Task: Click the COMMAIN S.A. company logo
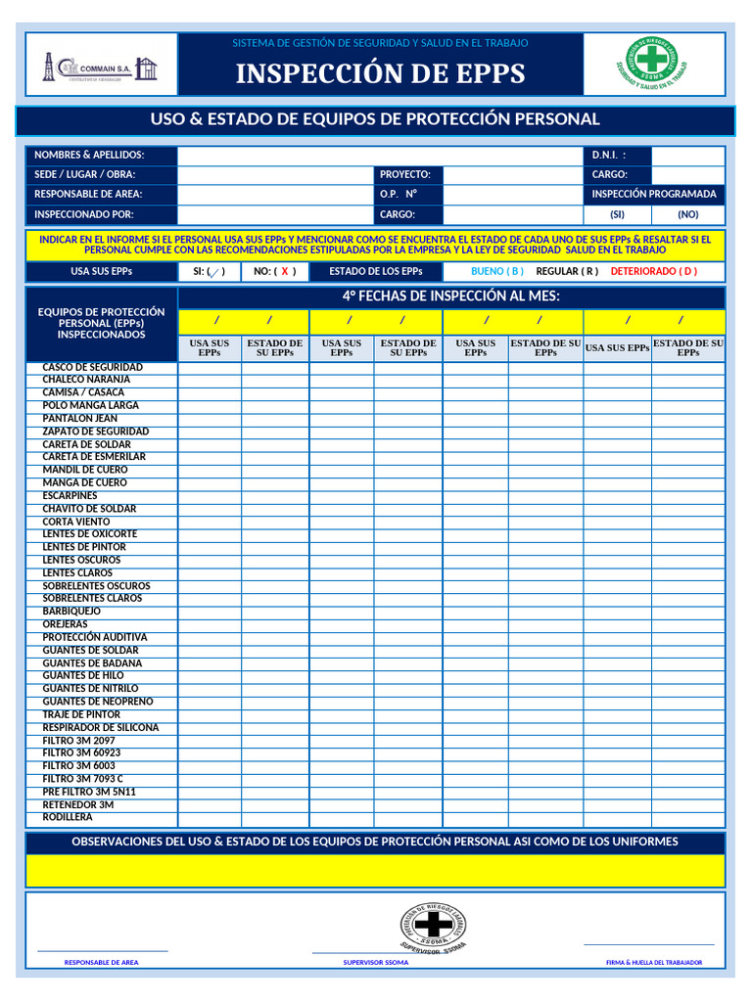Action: click(100, 67)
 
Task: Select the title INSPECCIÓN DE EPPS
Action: click(380, 74)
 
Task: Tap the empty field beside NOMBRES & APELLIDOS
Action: click(380, 155)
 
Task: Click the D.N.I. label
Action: click(608, 155)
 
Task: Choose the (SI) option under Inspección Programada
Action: click(617, 214)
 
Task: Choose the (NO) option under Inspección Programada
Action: click(688, 214)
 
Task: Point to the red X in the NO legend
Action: click(285, 272)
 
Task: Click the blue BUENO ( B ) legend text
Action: click(497, 271)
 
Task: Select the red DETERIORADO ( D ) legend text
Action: click(654, 271)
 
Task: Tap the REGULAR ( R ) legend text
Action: click(567, 271)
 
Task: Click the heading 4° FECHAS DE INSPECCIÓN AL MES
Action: click(450, 296)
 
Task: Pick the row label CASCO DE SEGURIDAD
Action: click(92, 367)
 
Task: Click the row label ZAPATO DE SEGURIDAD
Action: click(95, 432)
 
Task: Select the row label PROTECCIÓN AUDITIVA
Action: click(94, 637)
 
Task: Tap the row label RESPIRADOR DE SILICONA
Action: click(100, 728)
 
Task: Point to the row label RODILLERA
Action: click(68, 817)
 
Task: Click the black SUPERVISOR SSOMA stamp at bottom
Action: click(433, 926)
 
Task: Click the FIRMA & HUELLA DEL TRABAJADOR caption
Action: click(654, 963)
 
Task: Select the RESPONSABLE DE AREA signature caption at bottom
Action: click(101, 963)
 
